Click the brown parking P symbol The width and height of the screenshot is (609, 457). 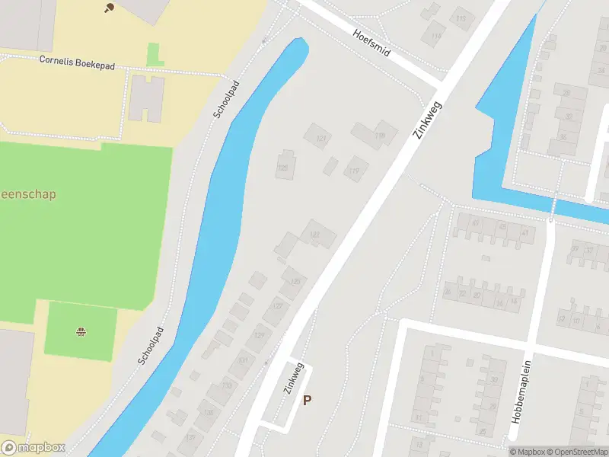(308, 400)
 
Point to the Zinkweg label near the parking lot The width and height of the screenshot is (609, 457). (294, 376)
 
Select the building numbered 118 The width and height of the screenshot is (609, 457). (380, 136)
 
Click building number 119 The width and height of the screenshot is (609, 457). (354, 171)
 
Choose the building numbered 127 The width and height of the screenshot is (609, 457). (277, 307)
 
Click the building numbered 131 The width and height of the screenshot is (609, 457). (243, 361)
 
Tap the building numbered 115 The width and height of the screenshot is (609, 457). (461, 18)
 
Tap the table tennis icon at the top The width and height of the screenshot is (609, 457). (107, 8)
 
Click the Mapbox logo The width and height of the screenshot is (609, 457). (33, 448)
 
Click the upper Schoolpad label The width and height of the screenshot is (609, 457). (225, 100)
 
